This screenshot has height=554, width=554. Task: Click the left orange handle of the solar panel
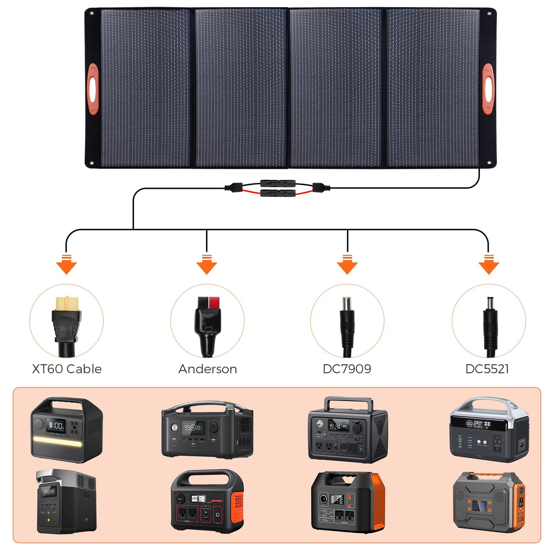tap(92, 89)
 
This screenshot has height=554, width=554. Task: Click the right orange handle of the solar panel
tap(488, 89)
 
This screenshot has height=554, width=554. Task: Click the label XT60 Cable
tap(66, 369)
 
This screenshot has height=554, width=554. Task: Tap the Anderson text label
tap(207, 369)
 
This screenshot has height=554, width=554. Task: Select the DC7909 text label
tap(347, 369)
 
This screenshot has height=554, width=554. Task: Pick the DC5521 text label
tap(487, 369)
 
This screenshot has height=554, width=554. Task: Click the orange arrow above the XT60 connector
tap(66, 264)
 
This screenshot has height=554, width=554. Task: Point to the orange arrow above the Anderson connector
tap(206, 264)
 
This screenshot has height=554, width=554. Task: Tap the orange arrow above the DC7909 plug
tap(347, 264)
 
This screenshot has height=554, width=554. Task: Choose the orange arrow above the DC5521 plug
tap(488, 264)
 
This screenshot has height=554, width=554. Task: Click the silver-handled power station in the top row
tap(489, 429)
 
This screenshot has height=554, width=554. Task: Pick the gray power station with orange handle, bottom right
tap(489, 502)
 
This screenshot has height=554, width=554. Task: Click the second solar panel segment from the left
tap(241, 88)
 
